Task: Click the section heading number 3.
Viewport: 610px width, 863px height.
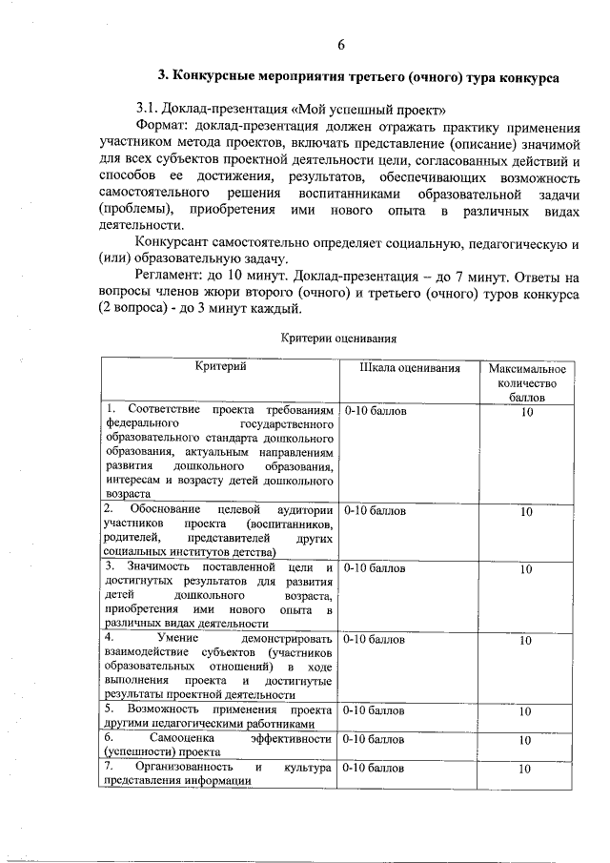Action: pos(162,75)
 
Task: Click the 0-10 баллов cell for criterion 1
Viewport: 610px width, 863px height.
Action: pos(375,411)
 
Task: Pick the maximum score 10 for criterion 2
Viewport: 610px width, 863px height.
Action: pos(526,512)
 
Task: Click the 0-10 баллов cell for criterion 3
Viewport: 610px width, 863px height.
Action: pos(375,568)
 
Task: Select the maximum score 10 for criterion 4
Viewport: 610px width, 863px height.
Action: pos(526,641)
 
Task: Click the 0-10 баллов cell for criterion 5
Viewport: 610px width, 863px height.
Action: pos(375,710)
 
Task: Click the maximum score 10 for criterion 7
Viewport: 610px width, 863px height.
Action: pos(526,768)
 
